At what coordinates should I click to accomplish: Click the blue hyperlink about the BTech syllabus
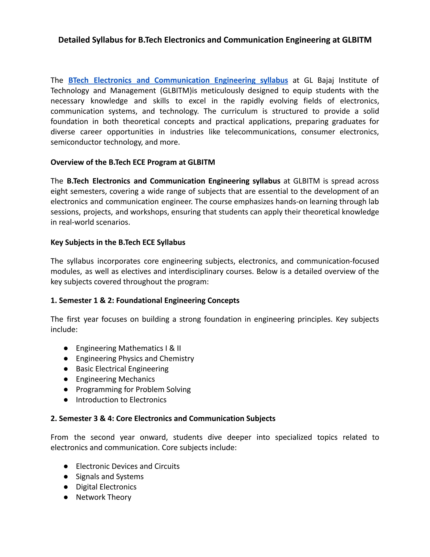click(x=178, y=80)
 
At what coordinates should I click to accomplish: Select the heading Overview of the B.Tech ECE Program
click(x=133, y=162)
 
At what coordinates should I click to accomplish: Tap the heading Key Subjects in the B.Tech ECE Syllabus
click(x=118, y=242)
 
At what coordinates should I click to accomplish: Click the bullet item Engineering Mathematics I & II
click(x=128, y=348)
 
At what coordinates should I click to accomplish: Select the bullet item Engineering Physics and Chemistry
click(x=135, y=359)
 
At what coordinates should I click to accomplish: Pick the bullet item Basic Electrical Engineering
click(x=122, y=369)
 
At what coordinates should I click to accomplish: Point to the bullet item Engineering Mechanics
click(x=115, y=379)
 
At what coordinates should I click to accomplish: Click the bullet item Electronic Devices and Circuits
click(x=128, y=466)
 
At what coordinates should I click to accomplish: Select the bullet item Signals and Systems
click(x=110, y=477)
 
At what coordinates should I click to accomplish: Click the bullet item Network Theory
click(x=104, y=497)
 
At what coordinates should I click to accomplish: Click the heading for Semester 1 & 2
click(x=145, y=300)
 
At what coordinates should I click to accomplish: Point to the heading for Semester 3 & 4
click(x=163, y=418)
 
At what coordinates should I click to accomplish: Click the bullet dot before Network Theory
click(x=66, y=497)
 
